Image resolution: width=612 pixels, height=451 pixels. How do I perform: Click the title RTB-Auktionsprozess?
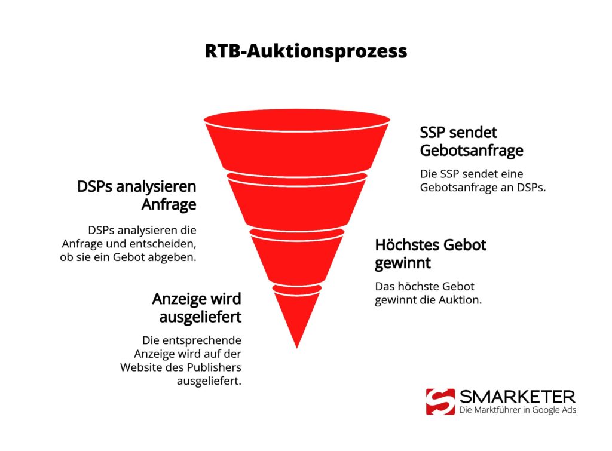[305, 51]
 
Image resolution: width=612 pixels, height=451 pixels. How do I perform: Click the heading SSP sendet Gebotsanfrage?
[471, 141]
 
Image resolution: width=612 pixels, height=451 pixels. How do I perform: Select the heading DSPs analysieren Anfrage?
[137, 196]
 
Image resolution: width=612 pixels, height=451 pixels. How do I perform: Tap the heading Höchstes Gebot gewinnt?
[430, 253]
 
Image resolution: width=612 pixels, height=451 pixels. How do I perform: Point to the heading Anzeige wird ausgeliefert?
[197, 307]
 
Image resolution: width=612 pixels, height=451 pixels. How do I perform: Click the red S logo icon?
[440, 401]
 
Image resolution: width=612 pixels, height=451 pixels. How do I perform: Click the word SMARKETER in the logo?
[517, 396]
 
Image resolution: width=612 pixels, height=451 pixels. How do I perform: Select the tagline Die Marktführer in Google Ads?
[518, 410]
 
